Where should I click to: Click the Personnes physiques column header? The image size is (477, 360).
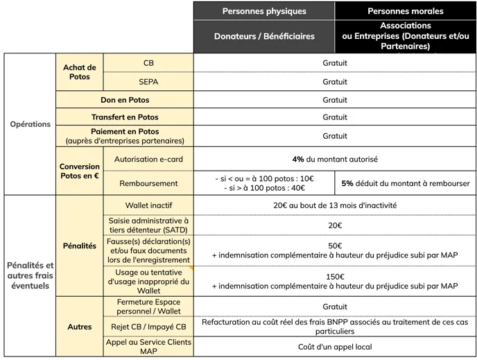264,11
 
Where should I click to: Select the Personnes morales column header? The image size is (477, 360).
406,11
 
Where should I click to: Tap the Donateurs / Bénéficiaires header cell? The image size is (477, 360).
264,36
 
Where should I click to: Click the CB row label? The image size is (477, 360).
148,62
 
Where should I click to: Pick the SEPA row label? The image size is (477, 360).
148,81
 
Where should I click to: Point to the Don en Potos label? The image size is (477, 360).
125,100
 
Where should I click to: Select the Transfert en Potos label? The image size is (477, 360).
125,117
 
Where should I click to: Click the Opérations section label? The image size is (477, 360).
31,124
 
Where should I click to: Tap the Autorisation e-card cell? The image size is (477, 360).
148,159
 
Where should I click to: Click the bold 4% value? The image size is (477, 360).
298,159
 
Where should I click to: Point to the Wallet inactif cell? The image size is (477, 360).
148,205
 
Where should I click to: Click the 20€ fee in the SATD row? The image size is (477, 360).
335,225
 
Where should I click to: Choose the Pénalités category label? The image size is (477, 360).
80,246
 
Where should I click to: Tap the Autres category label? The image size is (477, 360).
80,326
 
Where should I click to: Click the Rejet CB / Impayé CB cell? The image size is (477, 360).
148,327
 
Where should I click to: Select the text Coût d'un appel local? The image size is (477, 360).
335,346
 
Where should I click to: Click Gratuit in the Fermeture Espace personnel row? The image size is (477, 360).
335,306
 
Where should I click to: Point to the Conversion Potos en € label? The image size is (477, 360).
80,171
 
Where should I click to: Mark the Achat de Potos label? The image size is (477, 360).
80,71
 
